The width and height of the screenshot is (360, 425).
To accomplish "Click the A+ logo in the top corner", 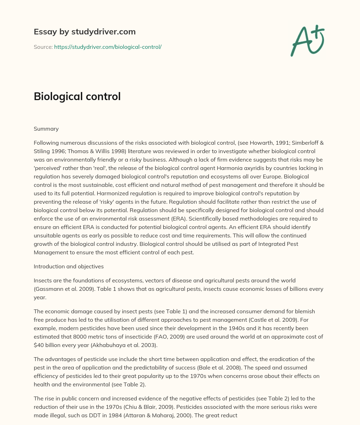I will [307, 40].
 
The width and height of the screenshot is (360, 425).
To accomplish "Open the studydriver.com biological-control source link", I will [108, 47].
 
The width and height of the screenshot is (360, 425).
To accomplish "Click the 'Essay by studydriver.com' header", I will [84, 32].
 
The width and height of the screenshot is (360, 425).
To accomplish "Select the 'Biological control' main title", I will [77, 96].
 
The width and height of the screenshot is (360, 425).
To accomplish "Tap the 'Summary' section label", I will [46, 129].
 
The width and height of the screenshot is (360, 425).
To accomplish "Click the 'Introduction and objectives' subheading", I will [69, 266].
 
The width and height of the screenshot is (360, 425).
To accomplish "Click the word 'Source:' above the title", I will [43, 47].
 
